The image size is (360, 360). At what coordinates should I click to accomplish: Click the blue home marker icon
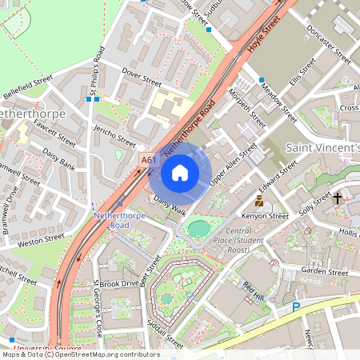pos(180,172)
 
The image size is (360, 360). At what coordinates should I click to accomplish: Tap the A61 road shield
pos(149,161)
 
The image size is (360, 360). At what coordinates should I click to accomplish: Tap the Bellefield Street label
pos(27,86)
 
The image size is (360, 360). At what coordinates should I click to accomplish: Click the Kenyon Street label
pos(266,216)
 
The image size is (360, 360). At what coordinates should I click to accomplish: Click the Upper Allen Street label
pos(233,166)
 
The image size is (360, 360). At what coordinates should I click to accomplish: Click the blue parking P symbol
pos(296,306)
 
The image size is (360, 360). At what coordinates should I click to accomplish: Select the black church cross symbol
pos(338,198)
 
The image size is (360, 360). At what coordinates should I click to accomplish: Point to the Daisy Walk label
pos(170,206)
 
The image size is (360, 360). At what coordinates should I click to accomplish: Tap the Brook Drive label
pos(119,283)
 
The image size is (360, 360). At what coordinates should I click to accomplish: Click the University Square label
pos(48,349)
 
